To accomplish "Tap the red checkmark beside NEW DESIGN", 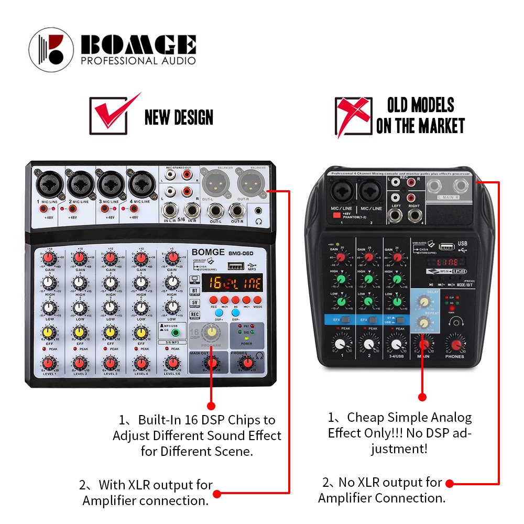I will (x=113, y=112).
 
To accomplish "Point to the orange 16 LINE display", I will (x=232, y=282).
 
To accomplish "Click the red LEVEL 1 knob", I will (x=49, y=362).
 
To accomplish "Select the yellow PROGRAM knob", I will (x=212, y=331).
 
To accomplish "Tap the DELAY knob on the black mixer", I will (x=422, y=302).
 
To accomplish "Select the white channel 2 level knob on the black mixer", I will (x=369, y=344).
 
